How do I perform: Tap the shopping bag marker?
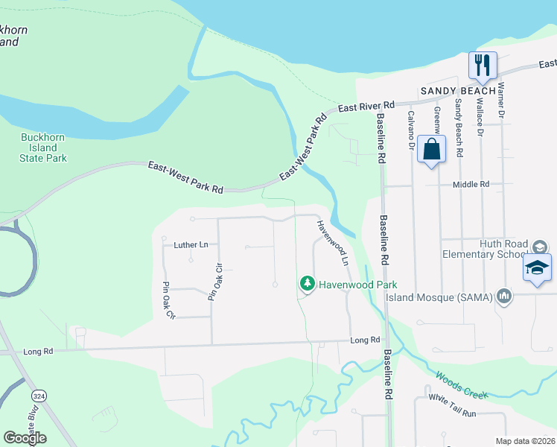coord(431,149)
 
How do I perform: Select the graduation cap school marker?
coord(537,267)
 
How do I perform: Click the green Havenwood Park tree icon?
coord(307,284)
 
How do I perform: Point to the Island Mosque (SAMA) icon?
coord(505,297)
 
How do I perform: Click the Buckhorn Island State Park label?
coord(44,148)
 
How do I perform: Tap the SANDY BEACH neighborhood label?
coord(458,91)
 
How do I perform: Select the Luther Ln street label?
coord(191,244)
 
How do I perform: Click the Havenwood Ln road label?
coord(333,243)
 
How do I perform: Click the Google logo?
coord(25,438)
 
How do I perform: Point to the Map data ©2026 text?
coord(526,441)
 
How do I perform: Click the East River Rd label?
coord(366,107)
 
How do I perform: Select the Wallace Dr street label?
coord(480,119)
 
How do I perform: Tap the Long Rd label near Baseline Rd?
coord(365,340)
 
